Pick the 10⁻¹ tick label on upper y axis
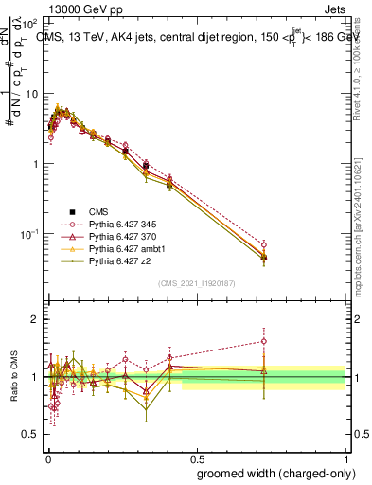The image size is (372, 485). click(30, 233)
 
